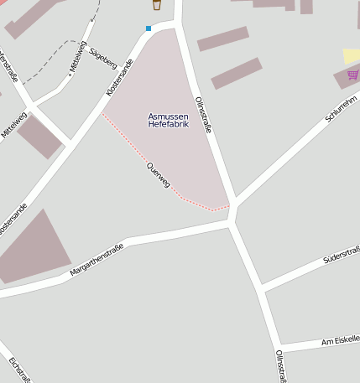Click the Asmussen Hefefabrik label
click(x=168, y=120)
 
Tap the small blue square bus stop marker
click(x=149, y=28)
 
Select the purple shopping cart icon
click(x=352, y=75)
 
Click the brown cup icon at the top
click(x=157, y=5)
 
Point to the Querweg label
click(x=158, y=173)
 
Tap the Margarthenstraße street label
click(x=97, y=259)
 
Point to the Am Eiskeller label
click(x=340, y=339)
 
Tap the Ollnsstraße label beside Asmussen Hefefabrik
click(x=203, y=116)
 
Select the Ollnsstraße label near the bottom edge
click(x=280, y=366)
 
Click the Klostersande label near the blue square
click(x=120, y=75)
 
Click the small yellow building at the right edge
click(x=352, y=55)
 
